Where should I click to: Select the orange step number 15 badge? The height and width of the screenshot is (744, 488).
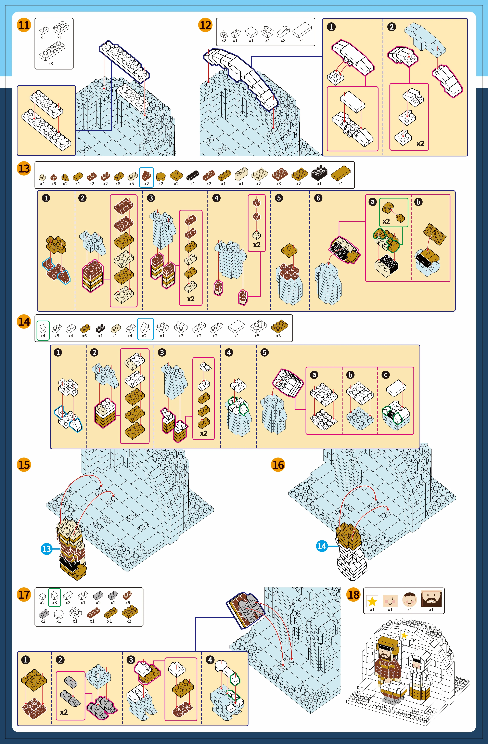click(x=24, y=465)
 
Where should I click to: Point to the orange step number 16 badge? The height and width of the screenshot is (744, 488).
click(x=278, y=465)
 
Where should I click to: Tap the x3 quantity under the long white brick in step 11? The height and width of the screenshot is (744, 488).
click(x=51, y=63)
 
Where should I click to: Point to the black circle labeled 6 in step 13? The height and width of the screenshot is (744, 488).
click(x=318, y=198)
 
